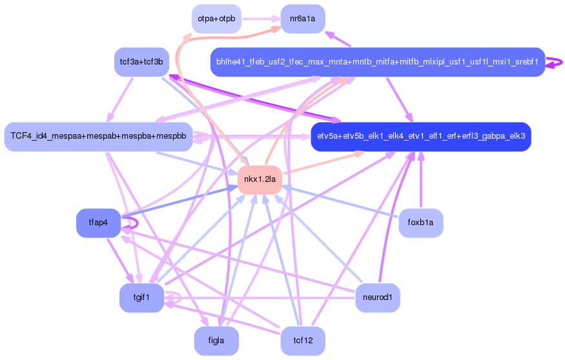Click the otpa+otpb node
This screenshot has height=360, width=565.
pos(216,18)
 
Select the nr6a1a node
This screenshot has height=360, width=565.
pos(302,18)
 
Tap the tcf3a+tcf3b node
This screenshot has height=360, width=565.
pos(141,62)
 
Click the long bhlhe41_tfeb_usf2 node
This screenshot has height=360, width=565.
pos(377,62)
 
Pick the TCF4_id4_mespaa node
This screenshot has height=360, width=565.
pos(98,137)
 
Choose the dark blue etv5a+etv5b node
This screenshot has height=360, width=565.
pos(420,137)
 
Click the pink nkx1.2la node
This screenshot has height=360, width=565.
pos(260,179)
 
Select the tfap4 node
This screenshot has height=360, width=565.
pos(98,223)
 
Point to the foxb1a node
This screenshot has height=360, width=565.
pos(420,223)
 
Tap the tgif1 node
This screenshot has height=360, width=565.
pos(141,297)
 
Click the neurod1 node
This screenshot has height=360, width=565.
pos(377,297)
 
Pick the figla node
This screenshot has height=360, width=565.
pos(216,341)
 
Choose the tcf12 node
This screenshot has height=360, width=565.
pos(302,341)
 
